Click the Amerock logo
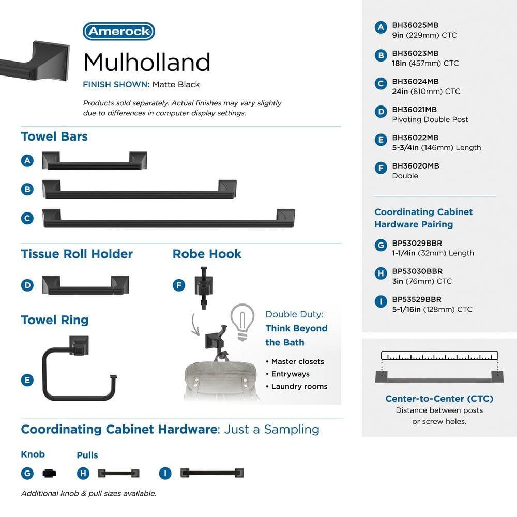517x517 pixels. (119, 32)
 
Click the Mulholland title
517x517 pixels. (147, 62)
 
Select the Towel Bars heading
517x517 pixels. (54, 136)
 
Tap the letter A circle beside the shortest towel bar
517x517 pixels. (28, 161)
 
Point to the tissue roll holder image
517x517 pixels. (85, 285)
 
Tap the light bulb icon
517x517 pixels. (242, 321)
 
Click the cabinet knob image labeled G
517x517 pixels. (49, 473)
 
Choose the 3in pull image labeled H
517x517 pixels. (118, 473)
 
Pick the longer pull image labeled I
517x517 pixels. (211, 473)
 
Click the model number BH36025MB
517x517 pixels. (415, 25)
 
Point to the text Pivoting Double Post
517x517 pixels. (430, 119)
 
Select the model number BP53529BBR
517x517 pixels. (417, 299)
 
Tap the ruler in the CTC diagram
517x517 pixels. (439, 356)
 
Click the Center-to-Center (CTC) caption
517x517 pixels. (439, 399)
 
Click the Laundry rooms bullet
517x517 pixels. (299, 386)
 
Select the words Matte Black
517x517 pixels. (176, 84)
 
